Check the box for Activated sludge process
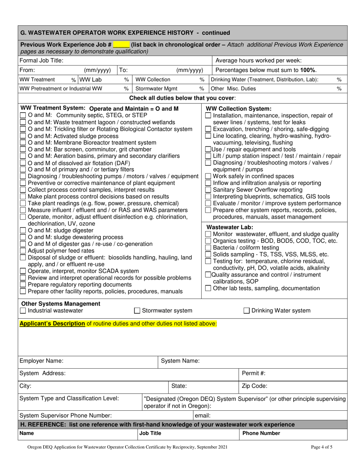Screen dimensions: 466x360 click(23, 136)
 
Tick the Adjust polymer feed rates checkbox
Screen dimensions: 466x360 click(23, 251)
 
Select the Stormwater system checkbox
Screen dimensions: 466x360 click(138, 311)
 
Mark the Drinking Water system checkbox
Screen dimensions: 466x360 click(246, 311)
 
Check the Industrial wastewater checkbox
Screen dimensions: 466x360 click(23, 311)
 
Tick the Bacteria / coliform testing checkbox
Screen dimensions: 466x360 click(208, 248)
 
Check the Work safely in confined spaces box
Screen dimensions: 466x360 click(208, 177)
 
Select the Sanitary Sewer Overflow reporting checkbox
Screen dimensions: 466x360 click(208, 190)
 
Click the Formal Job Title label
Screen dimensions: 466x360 click(41, 61)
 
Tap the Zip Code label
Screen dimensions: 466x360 click(255, 386)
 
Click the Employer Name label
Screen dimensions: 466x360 click(41, 361)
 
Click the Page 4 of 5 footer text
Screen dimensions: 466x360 click(321, 447)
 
